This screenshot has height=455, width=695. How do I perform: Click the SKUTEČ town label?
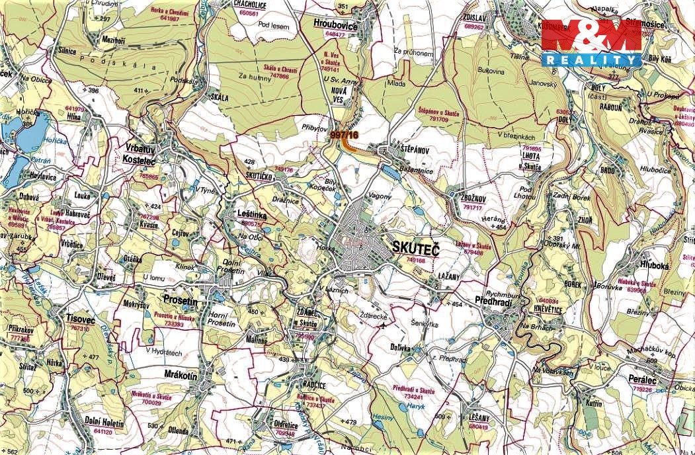(415, 247)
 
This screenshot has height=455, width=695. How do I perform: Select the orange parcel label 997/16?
(344, 135)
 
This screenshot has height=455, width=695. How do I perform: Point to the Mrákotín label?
(180, 375)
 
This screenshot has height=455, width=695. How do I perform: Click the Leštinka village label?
(252, 214)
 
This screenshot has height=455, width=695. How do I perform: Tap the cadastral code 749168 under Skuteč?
(416, 261)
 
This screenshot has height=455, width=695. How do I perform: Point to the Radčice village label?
(310, 386)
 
